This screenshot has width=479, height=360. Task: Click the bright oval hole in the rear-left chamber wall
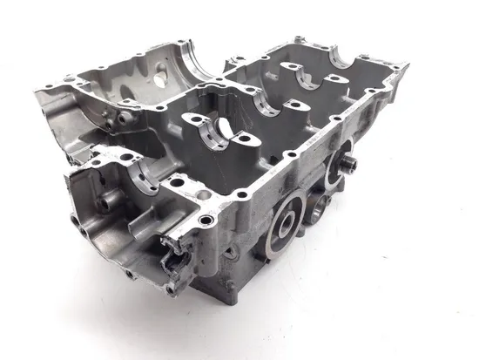coord(159,76)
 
